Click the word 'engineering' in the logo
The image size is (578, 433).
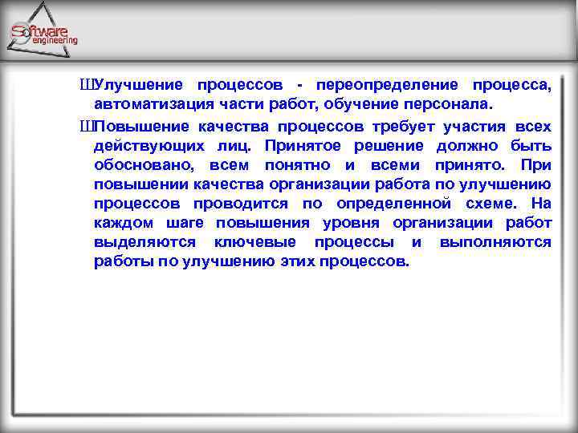[55, 40]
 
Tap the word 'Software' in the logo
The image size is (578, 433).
[39, 31]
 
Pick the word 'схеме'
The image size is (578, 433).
[486, 204]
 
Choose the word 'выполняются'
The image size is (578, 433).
[495, 242]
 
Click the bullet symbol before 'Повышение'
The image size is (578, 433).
[87, 126]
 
